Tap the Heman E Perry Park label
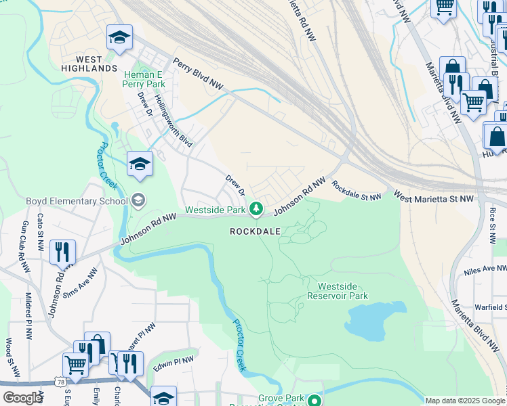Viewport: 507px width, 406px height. point(144,79)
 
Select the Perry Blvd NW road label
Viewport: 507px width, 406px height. point(198,72)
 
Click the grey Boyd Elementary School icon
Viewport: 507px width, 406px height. point(138,200)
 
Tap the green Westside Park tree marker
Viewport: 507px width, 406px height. point(256,210)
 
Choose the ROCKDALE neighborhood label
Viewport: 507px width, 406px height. point(255,231)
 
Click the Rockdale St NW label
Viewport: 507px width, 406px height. point(357,189)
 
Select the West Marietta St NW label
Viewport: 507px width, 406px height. point(434,198)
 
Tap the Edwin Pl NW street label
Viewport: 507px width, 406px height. point(174,364)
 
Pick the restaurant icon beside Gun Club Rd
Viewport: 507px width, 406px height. point(62,252)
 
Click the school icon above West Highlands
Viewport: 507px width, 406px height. point(119,39)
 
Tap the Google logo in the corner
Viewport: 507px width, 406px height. point(22,398)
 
